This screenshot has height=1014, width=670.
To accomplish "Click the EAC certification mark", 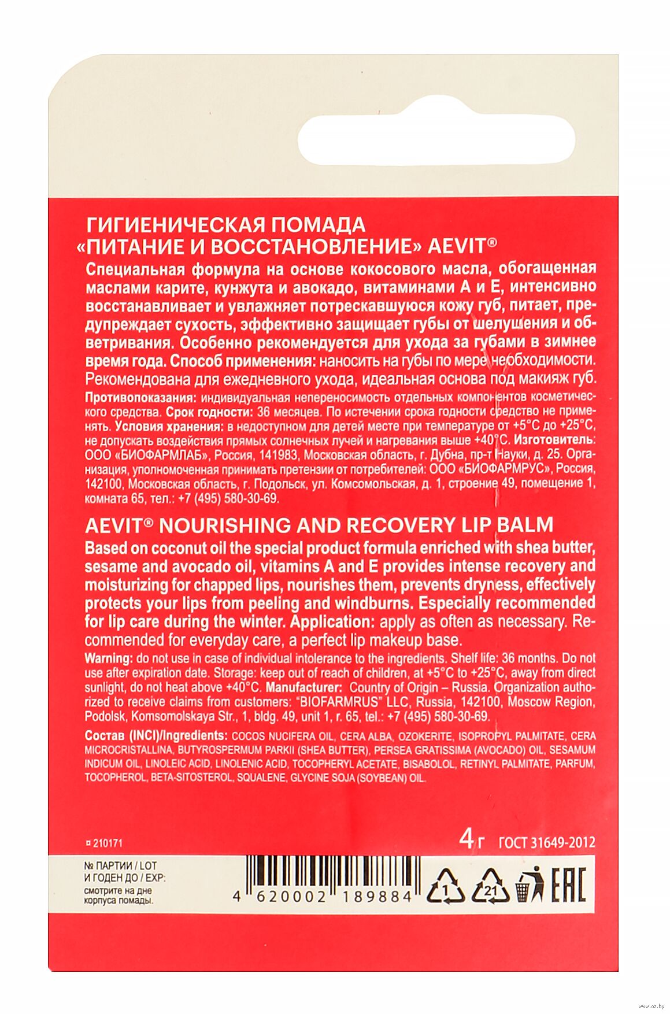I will click(568, 885).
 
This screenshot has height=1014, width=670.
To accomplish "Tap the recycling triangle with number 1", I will click(446, 886).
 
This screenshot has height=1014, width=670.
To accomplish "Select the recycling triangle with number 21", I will click(490, 886).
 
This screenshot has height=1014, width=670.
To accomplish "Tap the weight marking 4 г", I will click(472, 840).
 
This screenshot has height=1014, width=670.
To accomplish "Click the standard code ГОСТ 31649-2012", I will click(546, 842).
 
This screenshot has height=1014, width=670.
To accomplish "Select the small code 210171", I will click(104, 843).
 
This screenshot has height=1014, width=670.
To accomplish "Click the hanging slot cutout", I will click(436, 139).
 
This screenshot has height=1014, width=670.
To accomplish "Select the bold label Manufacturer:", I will click(303, 687).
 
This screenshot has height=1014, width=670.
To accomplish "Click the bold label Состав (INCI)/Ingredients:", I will click(156, 736).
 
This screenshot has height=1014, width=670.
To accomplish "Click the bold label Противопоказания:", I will click(139, 398).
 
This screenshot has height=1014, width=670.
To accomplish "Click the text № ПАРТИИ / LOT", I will click(120, 865).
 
